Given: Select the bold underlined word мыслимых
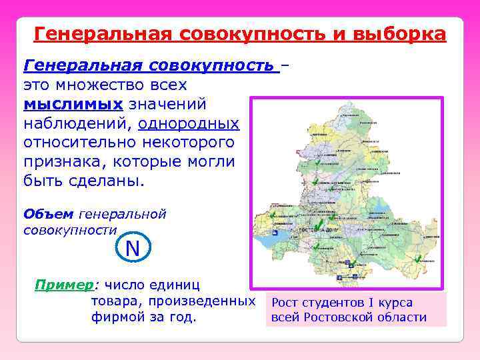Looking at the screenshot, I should point(73,105).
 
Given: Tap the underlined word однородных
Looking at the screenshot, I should point(189,124).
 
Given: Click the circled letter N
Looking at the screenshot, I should point(133,249).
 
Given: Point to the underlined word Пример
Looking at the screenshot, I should point(64,285).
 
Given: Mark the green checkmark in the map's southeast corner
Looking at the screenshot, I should point(417,263).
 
